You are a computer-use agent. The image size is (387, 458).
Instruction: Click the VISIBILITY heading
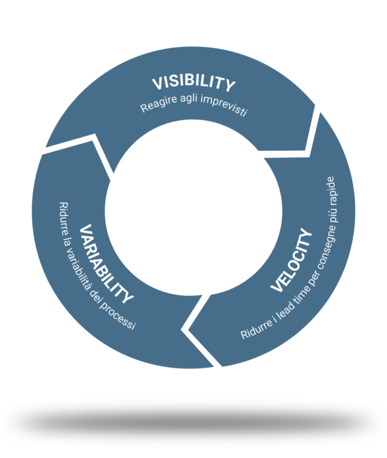[193, 83]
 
